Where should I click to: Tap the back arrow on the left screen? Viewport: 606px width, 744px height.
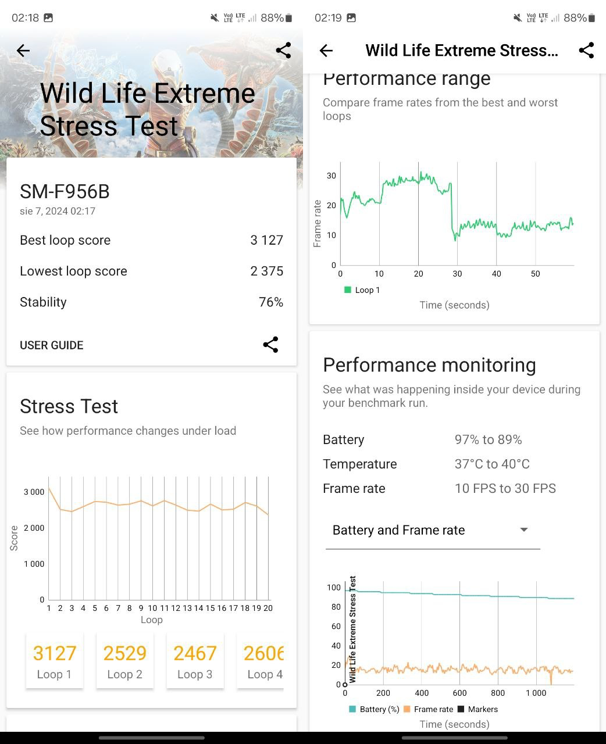[x=23, y=51]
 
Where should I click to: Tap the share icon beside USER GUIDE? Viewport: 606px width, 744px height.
[x=270, y=345]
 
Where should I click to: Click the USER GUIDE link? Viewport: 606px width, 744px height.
[x=52, y=345]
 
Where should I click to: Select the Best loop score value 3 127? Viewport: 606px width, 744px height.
[x=266, y=240]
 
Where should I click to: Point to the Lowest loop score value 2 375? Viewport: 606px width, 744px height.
[x=266, y=271]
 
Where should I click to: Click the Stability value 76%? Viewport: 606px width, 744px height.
[x=270, y=302]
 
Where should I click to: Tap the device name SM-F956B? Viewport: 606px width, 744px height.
[x=65, y=191]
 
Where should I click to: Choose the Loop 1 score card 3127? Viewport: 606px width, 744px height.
[x=55, y=661]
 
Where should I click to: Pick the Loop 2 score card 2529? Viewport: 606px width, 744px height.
[x=124, y=661]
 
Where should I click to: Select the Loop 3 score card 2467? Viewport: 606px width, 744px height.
[x=195, y=661]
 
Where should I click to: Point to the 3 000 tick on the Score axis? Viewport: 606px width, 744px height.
[x=34, y=492]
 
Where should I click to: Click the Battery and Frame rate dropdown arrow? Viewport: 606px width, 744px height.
[x=523, y=530]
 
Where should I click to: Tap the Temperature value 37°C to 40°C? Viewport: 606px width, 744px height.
[x=492, y=464]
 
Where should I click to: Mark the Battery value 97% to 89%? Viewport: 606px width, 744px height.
[x=488, y=439]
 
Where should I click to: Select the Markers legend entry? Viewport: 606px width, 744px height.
[x=477, y=709]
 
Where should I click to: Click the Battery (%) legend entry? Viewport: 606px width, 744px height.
[x=374, y=709]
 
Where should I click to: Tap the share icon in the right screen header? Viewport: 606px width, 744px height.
[x=586, y=51]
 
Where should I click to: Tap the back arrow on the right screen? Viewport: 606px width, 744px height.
[x=326, y=51]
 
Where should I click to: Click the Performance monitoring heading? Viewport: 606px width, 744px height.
[x=429, y=364]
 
